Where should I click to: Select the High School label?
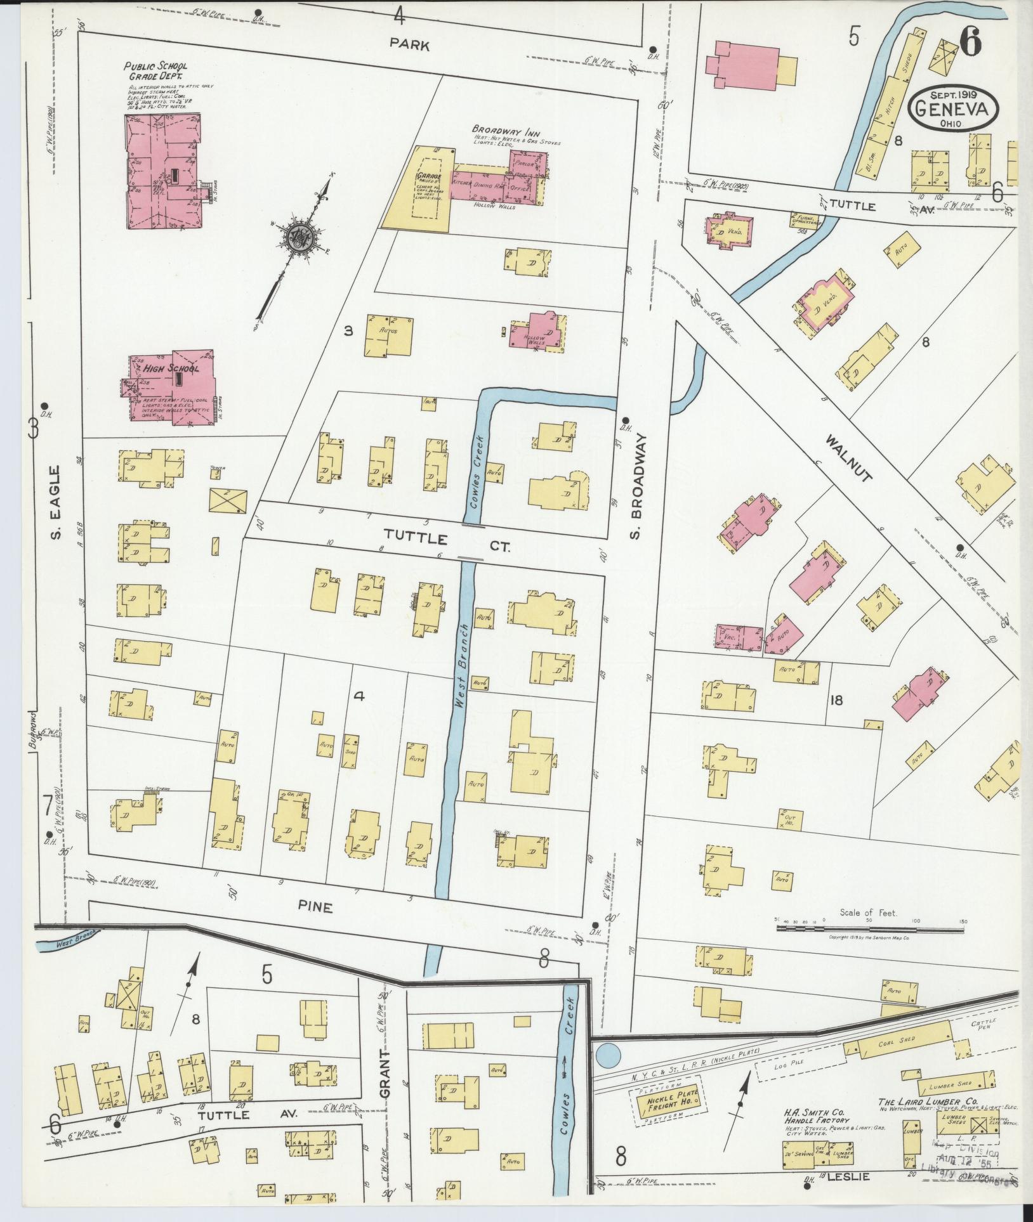[x=170, y=368]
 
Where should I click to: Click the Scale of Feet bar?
[x=869, y=928]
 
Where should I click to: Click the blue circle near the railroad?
[x=608, y=1056]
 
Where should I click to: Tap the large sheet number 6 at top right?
[x=971, y=43]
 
